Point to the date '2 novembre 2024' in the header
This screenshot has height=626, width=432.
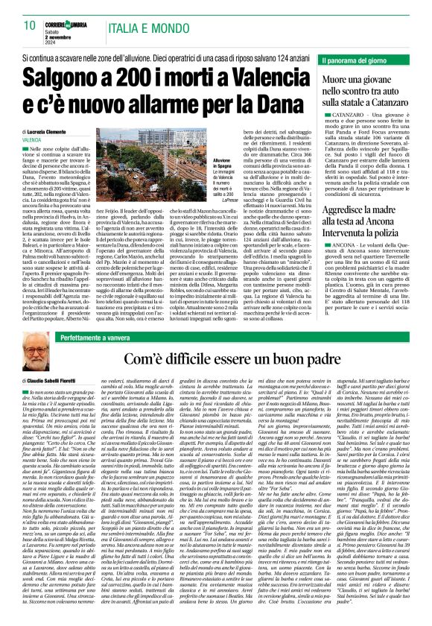click(x=63, y=36)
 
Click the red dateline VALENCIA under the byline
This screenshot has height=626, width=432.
click(x=32, y=139)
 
